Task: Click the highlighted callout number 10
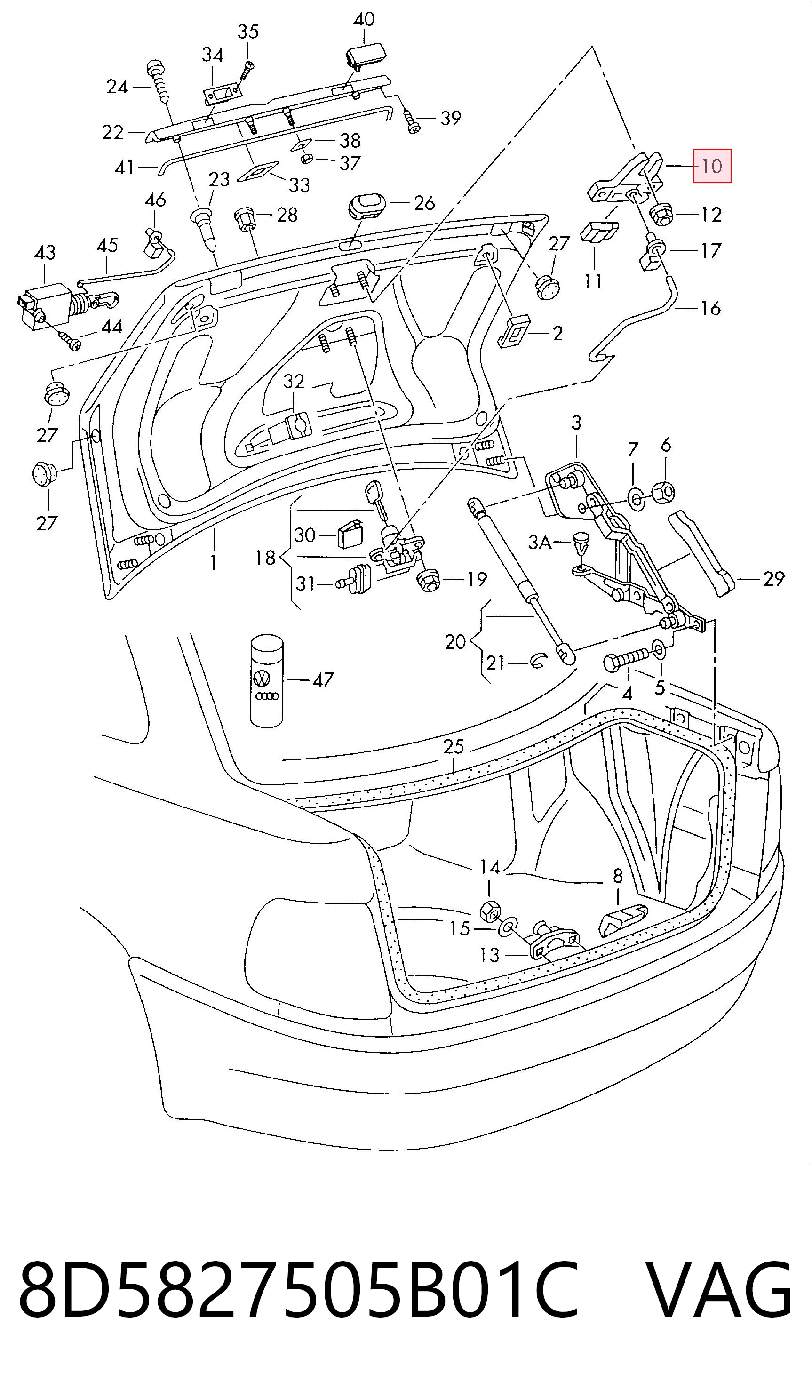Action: tap(712, 166)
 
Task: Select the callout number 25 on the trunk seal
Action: tap(453, 746)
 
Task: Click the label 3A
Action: tap(540, 542)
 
